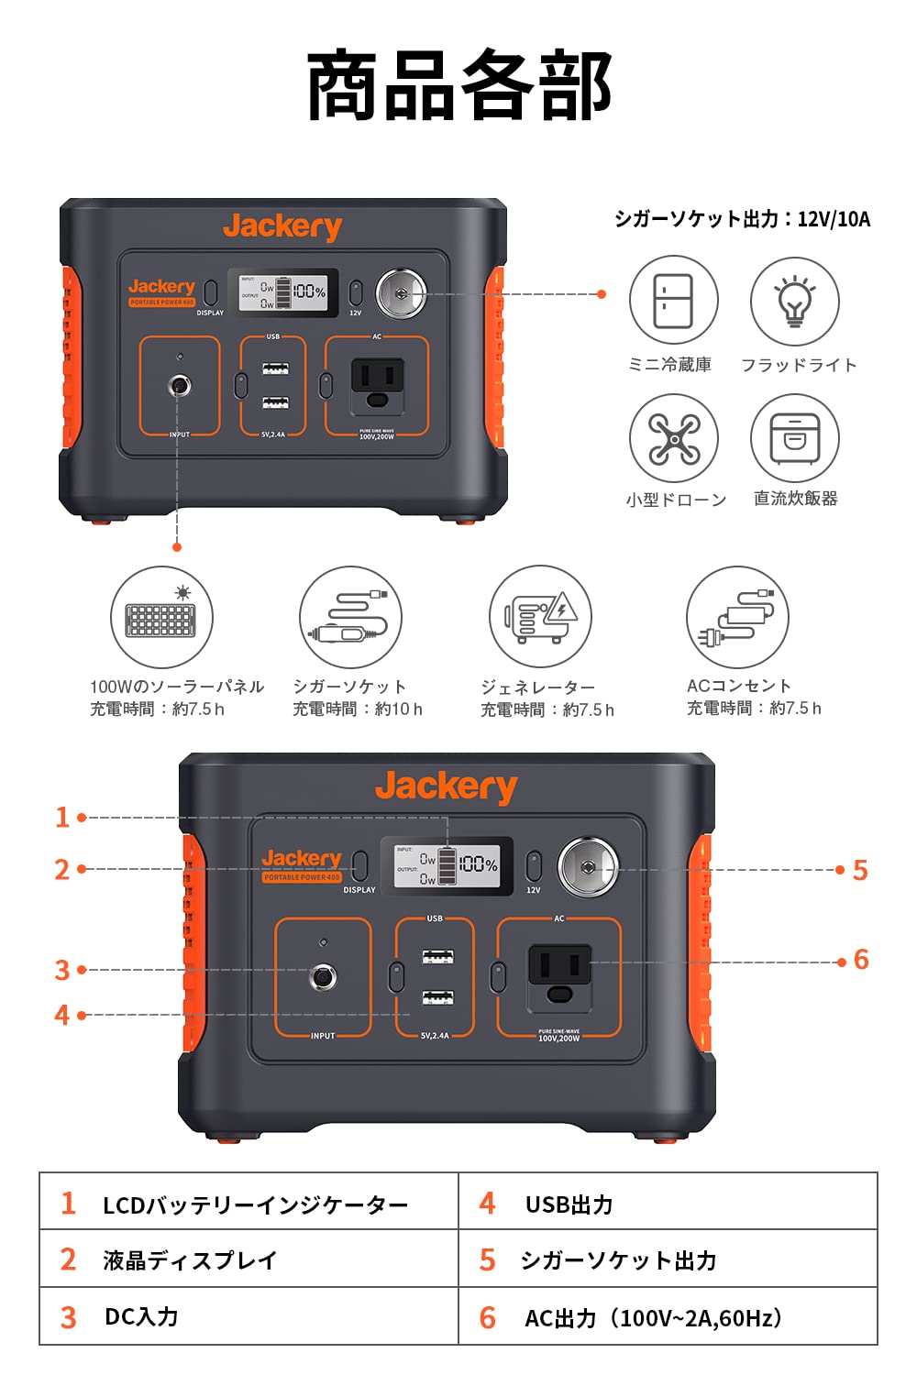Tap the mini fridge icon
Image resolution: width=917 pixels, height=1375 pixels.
[673, 301]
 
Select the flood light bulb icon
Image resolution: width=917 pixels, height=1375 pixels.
[794, 301]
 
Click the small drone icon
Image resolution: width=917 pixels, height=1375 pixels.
[673, 439]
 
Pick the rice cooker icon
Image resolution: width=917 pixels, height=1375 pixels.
[794, 439]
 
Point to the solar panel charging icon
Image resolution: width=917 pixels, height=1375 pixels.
[161, 617]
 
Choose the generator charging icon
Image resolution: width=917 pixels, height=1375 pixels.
[540, 617]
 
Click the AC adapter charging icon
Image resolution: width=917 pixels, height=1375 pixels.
[736, 617]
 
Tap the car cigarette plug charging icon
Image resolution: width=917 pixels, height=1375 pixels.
[350, 617]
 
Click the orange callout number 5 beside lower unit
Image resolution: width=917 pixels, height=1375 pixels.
[859, 870]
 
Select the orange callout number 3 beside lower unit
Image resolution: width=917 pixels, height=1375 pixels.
[62, 970]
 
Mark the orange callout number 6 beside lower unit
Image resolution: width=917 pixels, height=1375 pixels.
[860, 960]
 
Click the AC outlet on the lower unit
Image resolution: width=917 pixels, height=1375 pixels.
[559, 977]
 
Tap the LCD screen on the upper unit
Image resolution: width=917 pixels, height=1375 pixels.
[288, 291]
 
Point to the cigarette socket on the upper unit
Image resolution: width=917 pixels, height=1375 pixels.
[401, 293]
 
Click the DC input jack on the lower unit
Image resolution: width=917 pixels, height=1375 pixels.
[322, 976]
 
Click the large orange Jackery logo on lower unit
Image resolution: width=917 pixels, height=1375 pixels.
[446, 787]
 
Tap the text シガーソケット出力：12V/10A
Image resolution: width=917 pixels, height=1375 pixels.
[742, 219]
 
